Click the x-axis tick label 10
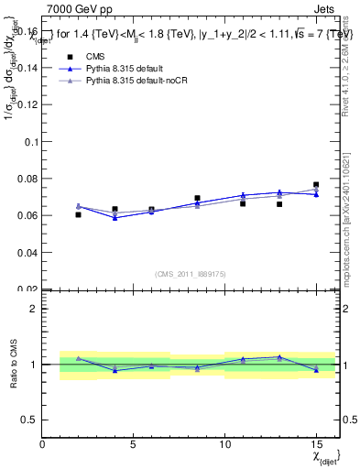point(224,443)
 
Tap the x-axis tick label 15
point(316,443)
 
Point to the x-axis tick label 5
point(134,443)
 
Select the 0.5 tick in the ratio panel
point(30,420)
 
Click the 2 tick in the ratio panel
point(34,309)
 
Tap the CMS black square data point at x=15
point(316,185)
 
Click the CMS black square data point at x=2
point(79,214)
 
